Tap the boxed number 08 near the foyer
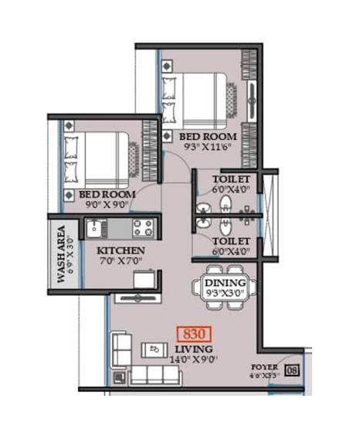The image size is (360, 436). pos(292,371)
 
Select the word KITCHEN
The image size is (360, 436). pos(121,251)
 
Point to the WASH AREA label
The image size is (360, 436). pos(61,254)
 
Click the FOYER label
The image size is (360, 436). pos(264,367)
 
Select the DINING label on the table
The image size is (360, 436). pos(226,284)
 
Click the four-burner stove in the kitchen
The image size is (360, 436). pos(142,227)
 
